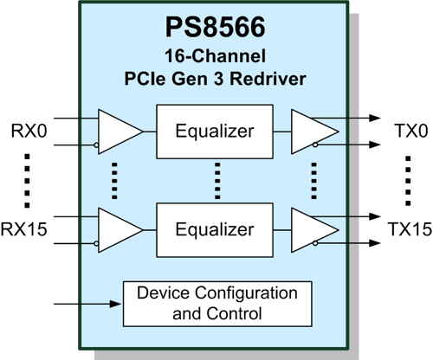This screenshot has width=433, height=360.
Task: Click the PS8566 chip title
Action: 215,27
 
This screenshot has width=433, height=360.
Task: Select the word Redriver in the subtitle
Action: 268,79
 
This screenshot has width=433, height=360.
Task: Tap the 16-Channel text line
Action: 215,55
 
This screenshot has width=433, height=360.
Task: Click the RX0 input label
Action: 29,131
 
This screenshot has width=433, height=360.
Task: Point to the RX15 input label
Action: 23,229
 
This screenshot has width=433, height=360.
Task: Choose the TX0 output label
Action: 411,131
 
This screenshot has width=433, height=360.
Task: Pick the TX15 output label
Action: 410,229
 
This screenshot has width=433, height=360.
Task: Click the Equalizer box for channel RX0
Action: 215,132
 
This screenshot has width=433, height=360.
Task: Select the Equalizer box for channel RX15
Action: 215,230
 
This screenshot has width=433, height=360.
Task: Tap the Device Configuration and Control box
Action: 217,304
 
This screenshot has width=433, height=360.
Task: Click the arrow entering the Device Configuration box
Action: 87,304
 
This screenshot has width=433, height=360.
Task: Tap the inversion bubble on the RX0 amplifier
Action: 96,145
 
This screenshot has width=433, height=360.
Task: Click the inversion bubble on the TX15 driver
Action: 315,243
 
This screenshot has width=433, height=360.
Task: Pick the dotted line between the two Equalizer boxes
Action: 217,181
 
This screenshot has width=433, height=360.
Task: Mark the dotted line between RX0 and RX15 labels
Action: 27,181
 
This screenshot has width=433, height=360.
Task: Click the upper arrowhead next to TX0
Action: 375,118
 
